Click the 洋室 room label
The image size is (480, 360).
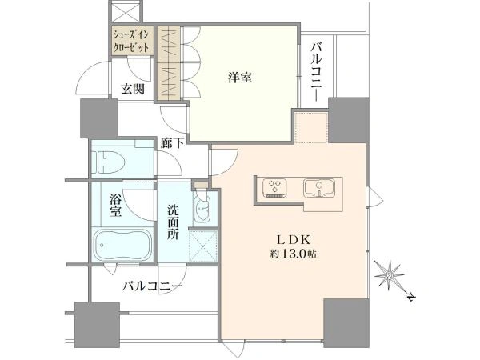coord(240,78)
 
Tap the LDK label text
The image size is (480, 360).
coord(294,240)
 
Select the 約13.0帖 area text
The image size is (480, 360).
coord(294,254)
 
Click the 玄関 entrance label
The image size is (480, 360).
coord(133,89)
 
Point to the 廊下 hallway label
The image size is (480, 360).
coord(173,143)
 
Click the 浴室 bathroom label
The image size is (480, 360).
coord(116,206)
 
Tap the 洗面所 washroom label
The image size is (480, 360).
coord(173,222)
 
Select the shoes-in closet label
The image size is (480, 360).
coord(131,41)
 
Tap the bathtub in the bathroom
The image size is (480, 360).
coord(122,244)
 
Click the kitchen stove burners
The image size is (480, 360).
coord(274,187)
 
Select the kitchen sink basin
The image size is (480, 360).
coord(319,187)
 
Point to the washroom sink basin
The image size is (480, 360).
coord(202,209)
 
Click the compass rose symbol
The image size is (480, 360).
coord(390,275)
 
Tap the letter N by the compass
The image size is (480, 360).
coord(411,297)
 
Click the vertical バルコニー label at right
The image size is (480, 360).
coord(318,72)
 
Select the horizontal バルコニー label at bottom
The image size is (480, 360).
coord(153,286)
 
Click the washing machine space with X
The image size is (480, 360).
coord(203,246)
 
